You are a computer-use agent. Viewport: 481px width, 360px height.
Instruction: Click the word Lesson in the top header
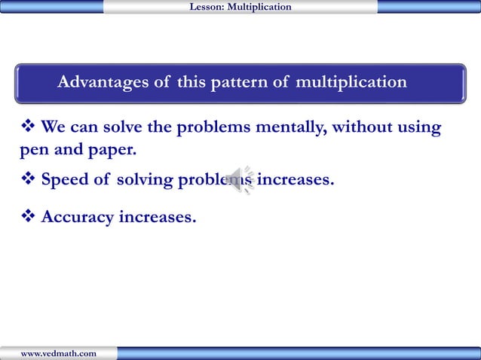(205, 7)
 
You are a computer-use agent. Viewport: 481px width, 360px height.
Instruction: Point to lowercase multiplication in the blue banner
(351, 82)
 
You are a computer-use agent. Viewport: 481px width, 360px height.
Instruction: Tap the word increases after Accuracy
(158, 218)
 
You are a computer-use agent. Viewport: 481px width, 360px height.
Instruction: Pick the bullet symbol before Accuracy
(27, 217)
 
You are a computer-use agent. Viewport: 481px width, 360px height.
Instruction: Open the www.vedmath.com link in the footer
(58, 353)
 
